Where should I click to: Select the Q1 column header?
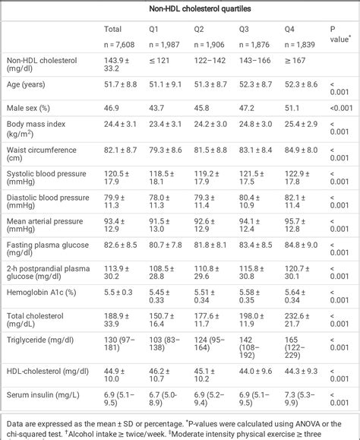pos(153,30)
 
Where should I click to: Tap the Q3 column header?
pos(245,30)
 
